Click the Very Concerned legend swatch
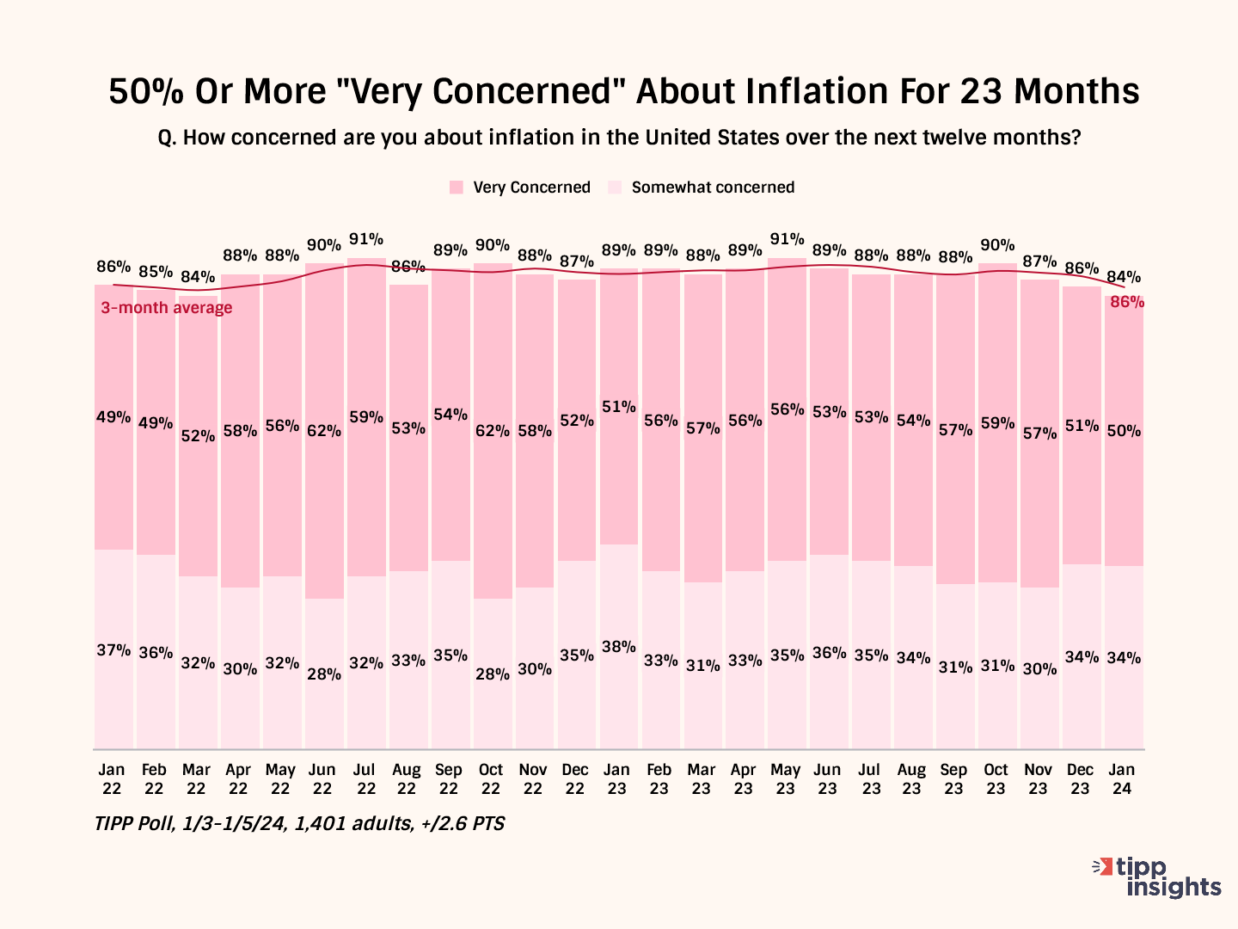(x=457, y=188)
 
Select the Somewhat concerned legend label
(x=713, y=188)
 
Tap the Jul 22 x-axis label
(x=366, y=778)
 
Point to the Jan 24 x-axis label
(x=1122, y=778)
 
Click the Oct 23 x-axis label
(x=996, y=778)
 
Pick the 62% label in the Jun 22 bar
(x=324, y=430)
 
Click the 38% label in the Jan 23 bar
(x=619, y=647)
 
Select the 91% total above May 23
(x=788, y=239)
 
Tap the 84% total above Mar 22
(x=198, y=277)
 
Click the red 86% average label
(x=1127, y=302)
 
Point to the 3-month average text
(x=167, y=308)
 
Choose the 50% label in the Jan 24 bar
(x=1124, y=431)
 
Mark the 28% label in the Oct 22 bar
(x=493, y=674)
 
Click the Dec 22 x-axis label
(x=575, y=778)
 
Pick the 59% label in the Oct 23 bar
(x=997, y=423)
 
